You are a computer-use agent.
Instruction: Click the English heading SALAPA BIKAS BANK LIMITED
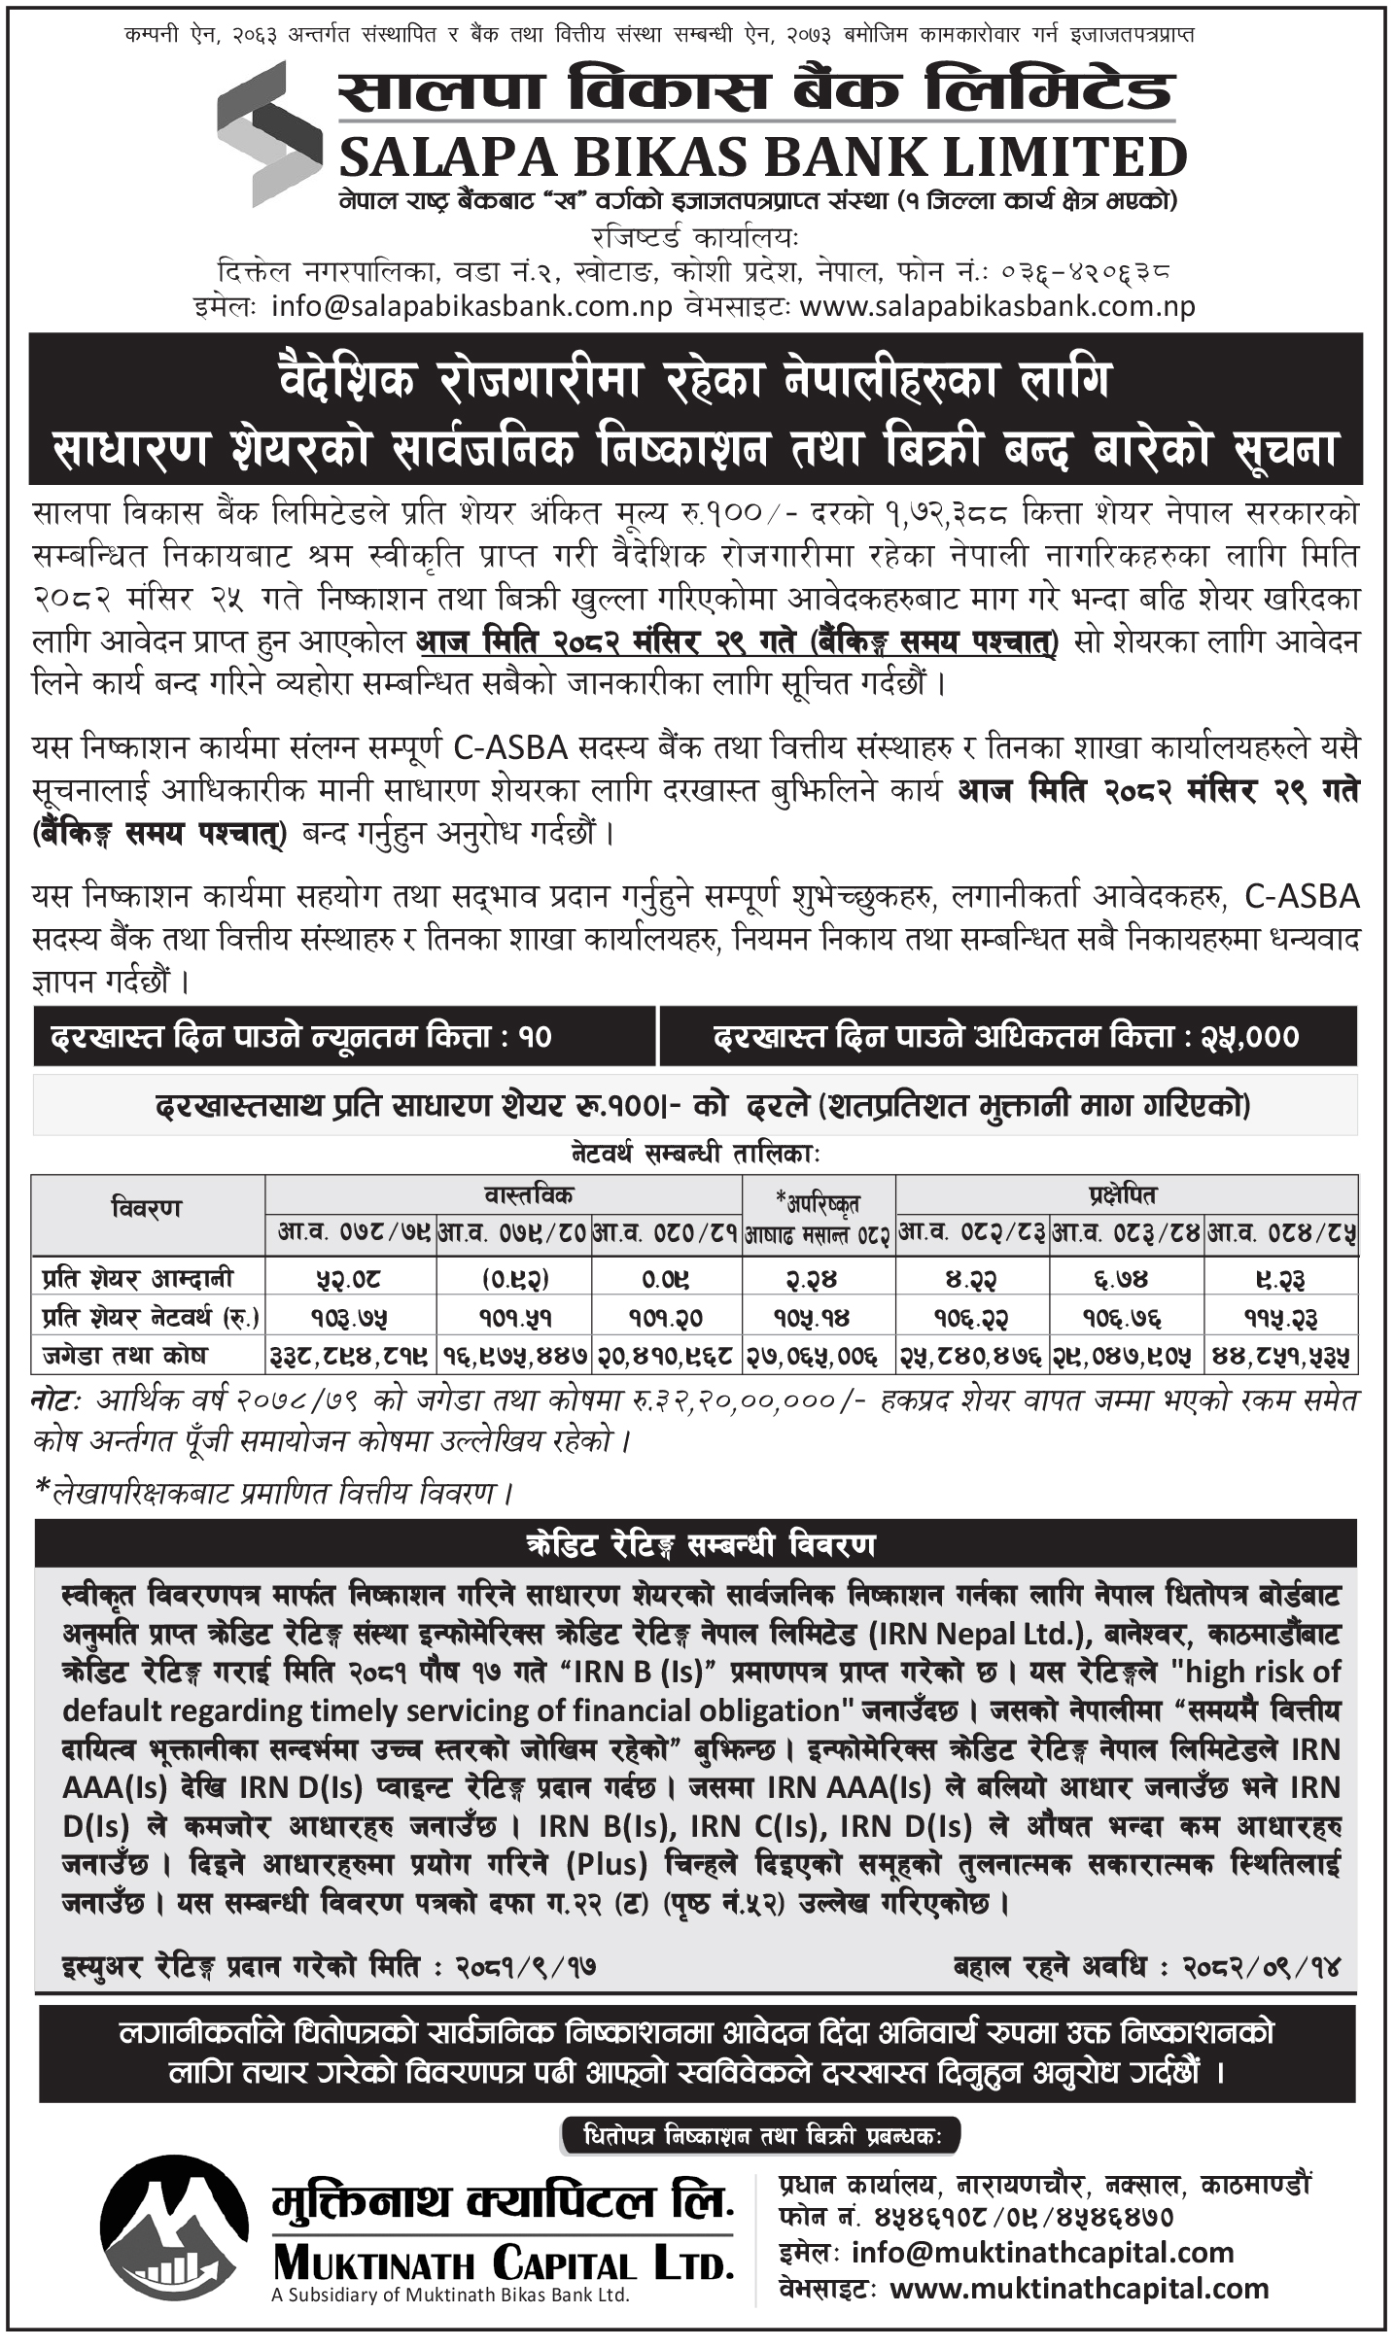pos(763,157)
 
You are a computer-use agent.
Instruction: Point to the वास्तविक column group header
pos(503,1193)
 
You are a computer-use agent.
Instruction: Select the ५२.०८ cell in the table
pos(351,1279)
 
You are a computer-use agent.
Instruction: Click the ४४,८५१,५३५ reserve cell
pos(1281,1356)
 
